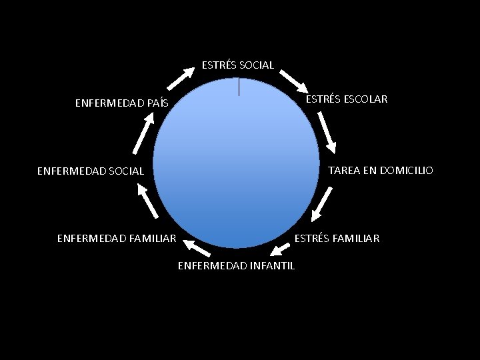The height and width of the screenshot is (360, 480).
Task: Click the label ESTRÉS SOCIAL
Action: (238, 65)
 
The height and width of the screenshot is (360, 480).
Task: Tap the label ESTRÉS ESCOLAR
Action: (346, 99)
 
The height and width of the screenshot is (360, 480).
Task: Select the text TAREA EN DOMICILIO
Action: (380, 171)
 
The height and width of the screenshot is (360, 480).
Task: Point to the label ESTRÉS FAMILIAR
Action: (337, 238)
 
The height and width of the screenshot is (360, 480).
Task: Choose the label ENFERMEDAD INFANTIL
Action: (237, 267)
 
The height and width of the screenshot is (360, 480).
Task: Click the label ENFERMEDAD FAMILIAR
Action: (117, 237)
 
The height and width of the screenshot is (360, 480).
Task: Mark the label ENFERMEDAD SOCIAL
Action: (90, 171)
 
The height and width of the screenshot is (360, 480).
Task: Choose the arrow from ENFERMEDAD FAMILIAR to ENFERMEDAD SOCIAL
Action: (147, 201)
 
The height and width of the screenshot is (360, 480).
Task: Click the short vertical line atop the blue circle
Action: (239, 87)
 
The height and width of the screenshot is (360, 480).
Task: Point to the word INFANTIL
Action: (274, 267)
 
